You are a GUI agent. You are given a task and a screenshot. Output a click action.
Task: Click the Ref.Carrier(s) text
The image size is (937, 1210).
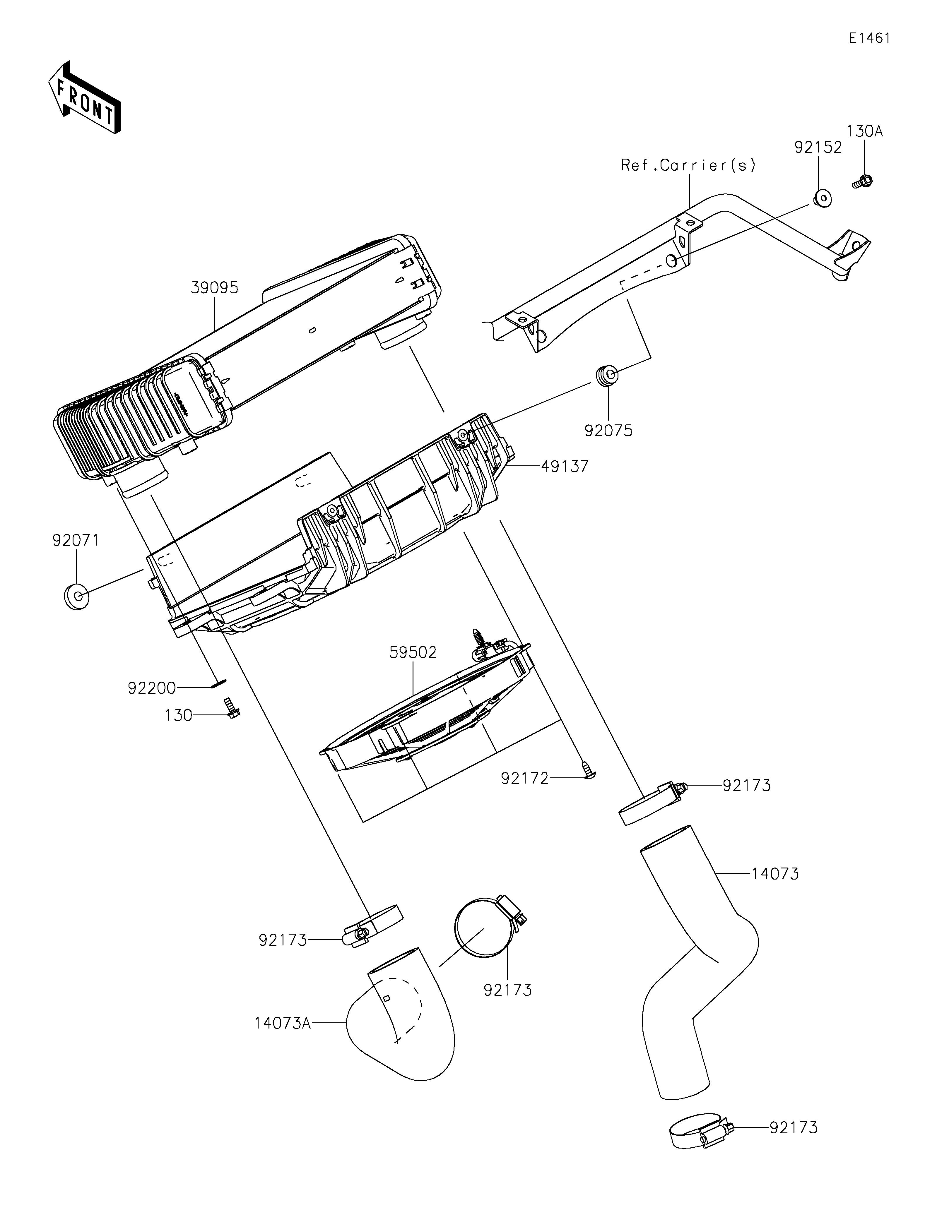coord(688,165)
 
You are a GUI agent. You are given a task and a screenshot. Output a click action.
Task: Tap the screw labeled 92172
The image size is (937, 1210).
coord(587,770)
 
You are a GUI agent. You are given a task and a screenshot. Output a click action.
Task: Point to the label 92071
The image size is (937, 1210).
coord(76,540)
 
